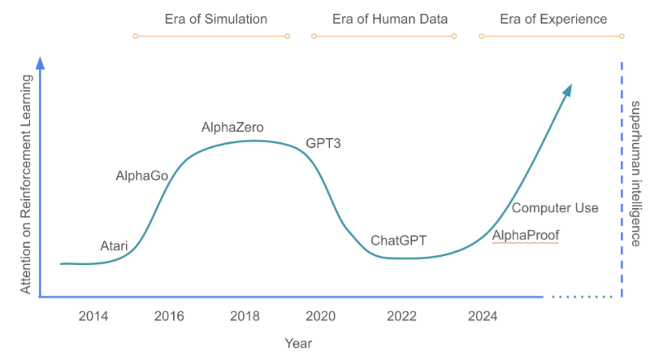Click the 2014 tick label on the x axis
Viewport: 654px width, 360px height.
click(93, 316)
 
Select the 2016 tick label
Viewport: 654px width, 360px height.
click(169, 316)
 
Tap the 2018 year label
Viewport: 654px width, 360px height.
click(245, 316)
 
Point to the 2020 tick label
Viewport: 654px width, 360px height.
click(320, 316)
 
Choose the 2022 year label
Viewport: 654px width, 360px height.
click(396, 316)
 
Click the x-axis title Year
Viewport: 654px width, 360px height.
click(298, 344)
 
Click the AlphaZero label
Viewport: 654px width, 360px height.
click(232, 128)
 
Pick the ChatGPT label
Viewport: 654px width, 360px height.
click(399, 241)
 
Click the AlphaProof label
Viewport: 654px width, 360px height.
click(526, 236)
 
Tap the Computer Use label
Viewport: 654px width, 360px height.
click(555, 208)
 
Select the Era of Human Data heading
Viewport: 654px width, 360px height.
click(383, 19)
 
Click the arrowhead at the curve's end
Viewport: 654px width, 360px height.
click(568, 89)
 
